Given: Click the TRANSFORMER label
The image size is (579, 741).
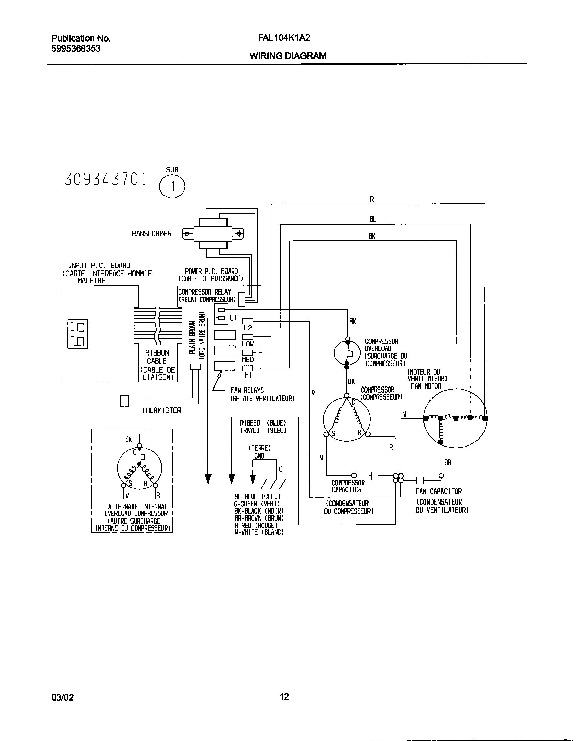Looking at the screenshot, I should [x=150, y=234].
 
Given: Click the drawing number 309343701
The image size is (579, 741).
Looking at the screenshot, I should [x=105, y=180].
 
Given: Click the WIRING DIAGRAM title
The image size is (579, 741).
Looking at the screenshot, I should [x=288, y=56].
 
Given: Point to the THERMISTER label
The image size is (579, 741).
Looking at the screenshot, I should [x=161, y=410].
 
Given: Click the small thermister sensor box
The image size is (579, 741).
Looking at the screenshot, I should [x=125, y=401].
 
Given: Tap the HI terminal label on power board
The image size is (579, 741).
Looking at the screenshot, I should [x=248, y=375].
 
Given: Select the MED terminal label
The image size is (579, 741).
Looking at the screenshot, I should [x=248, y=359].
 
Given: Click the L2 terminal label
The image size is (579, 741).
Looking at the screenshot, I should [x=248, y=328].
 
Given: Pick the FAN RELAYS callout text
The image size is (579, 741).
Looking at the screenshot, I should [x=247, y=390].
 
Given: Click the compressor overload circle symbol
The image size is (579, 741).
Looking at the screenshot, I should [x=347, y=353].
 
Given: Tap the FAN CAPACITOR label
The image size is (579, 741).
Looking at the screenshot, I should [x=439, y=491].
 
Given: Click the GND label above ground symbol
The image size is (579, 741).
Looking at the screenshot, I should [x=259, y=456].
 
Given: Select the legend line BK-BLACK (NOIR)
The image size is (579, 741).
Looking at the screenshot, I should [x=259, y=511].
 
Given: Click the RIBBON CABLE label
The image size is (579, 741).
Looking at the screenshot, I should [x=157, y=357].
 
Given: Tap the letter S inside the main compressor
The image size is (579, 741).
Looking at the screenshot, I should [x=333, y=433].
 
